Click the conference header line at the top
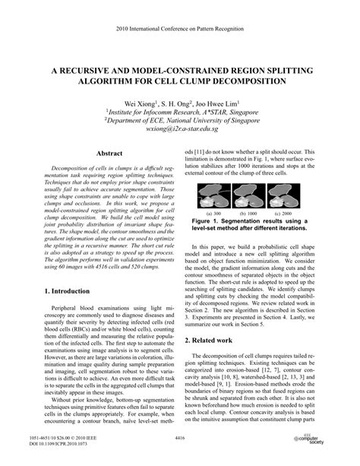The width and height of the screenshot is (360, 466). (x=180, y=27)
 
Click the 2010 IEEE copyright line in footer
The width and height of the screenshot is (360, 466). (x=71, y=438)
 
